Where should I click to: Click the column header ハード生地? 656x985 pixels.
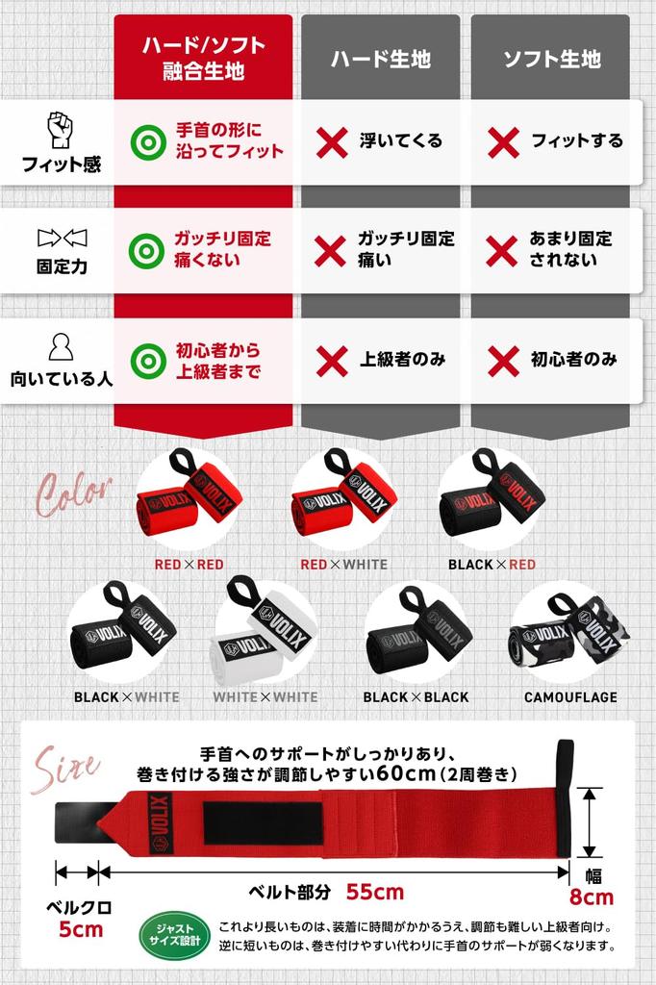click(x=381, y=59)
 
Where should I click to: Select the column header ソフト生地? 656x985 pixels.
click(x=552, y=59)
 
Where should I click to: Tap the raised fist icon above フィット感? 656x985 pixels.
click(x=61, y=130)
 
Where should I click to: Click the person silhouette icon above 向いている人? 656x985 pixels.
click(x=61, y=346)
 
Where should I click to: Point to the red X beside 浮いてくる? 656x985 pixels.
click(x=332, y=142)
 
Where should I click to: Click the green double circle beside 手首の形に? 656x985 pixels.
click(x=148, y=142)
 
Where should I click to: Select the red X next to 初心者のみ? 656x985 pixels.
click(x=503, y=362)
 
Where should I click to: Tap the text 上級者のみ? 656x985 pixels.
click(x=403, y=359)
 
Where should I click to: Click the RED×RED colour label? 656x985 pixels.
click(x=189, y=564)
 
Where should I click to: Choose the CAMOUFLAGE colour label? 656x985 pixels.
click(x=570, y=696)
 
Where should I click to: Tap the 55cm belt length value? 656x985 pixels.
click(x=375, y=891)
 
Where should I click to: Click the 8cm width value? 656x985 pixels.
click(x=592, y=897)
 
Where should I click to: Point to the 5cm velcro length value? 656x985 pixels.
click(x=81, y=929)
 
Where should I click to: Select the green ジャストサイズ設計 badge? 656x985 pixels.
click(x=175, y=935)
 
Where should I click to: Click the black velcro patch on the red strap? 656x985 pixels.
click(x=263, y=822)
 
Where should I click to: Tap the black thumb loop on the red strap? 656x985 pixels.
click(x=565, y=797)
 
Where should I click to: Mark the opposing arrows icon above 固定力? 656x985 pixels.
click(x=62, y=239)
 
